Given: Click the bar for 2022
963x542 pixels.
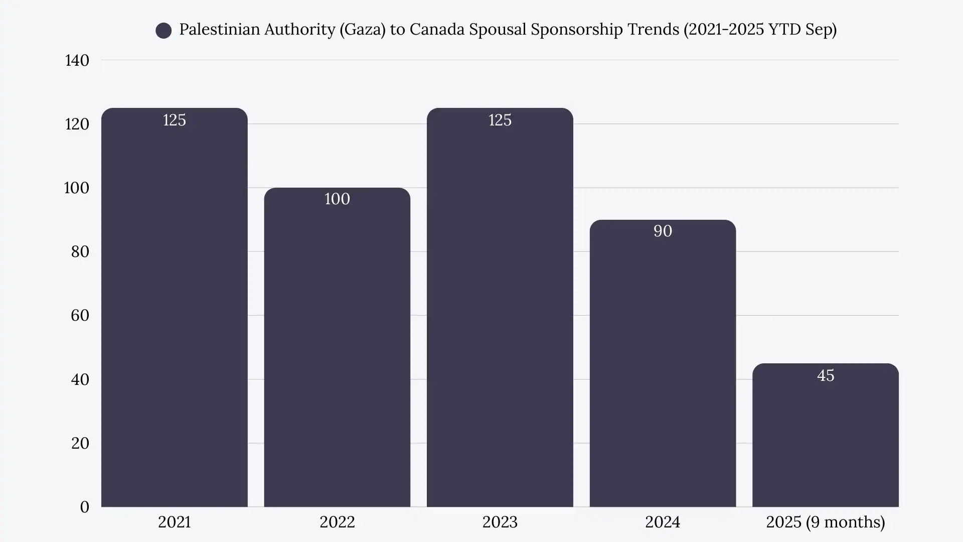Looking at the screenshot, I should (337, 351).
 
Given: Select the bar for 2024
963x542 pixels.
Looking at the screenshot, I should (663, 366).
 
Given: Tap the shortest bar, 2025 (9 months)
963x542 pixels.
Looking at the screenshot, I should (825, 442).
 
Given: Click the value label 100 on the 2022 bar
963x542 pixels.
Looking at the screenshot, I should (337, 199).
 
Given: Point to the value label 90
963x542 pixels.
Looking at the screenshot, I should (663, 231).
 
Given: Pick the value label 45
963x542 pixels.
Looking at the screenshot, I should (825, 375).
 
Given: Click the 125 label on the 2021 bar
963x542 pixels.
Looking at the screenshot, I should (175, 120).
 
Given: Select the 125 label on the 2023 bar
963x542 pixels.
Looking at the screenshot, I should (500, 120).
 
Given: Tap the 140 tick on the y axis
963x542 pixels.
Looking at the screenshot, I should (77, 61).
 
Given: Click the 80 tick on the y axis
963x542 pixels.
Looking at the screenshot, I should (80, 251).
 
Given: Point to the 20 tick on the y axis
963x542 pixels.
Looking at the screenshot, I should (80, 443).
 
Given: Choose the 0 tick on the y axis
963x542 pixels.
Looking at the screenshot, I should (85, 507).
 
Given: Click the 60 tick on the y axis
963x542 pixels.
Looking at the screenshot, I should (80, 315).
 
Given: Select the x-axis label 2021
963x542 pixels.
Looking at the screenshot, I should (175, 522).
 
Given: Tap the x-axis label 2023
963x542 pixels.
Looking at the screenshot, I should (500, 522).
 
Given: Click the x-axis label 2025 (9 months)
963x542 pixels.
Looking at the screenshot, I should (825, 522).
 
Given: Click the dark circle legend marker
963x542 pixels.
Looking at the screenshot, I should (164, 31).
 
